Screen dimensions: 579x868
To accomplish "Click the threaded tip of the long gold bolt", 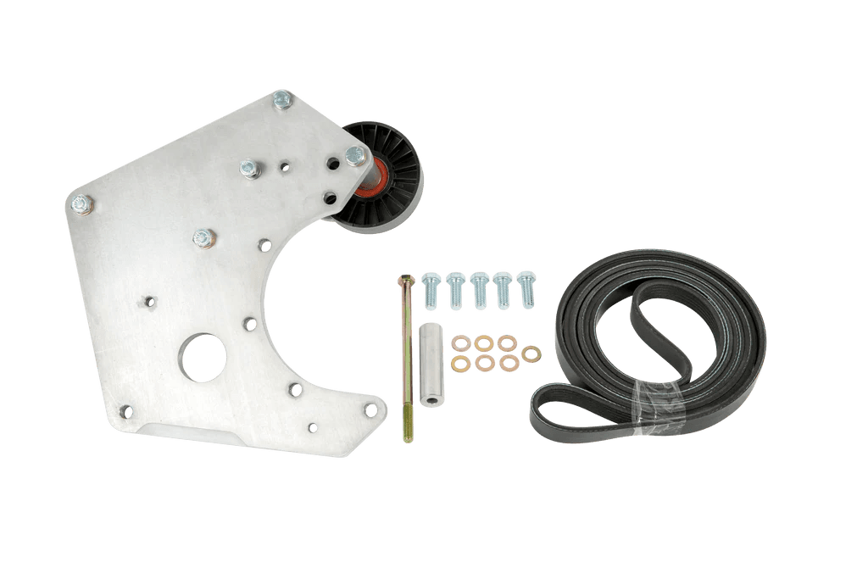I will (x=409, y=437).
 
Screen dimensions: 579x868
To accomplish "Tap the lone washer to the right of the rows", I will (x=531, y=353).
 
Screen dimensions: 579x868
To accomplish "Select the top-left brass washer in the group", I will (x=461, y=343).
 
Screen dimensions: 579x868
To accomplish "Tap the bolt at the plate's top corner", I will (x=282, y=101).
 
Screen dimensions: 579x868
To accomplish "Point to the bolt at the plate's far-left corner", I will (x=81, y=203).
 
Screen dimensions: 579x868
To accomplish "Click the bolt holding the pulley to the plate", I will (x=355, y=156).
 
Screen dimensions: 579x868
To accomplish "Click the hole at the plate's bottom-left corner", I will (x=126, y=411).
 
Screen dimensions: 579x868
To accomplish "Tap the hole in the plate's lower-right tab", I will (x=370, y=409).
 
